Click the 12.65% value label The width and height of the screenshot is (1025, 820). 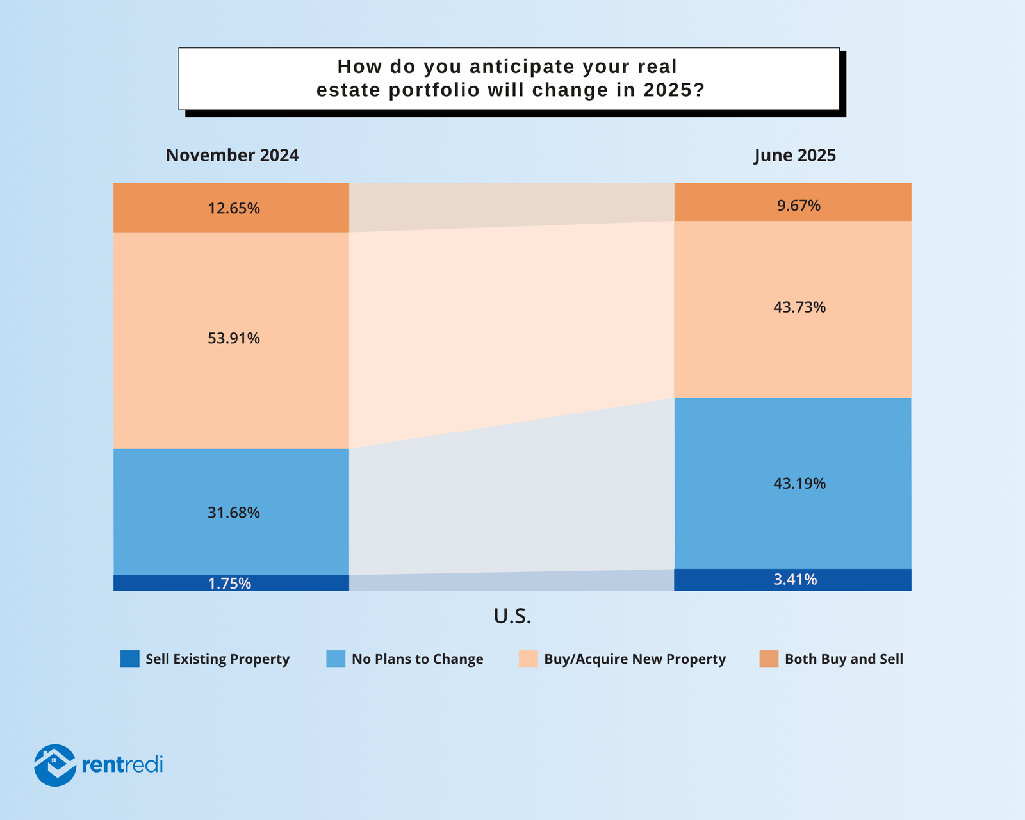(233, 209)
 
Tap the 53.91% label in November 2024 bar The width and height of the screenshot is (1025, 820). (233, 338)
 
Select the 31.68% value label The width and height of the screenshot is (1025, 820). (233, 512)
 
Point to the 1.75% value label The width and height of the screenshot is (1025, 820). (229, 584)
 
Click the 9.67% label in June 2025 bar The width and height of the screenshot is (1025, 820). (799, 206)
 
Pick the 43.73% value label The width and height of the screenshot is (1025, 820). (799, 307)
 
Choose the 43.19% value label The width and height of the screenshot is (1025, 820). (799, 484)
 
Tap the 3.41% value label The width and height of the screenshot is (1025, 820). (795, 580)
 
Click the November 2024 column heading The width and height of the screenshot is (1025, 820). (232, 156)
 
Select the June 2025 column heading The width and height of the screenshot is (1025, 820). (794, 156)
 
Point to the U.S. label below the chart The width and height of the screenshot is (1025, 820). (512, 616)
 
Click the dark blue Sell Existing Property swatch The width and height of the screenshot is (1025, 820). (129, 659)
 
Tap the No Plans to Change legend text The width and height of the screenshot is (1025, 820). (417, 659)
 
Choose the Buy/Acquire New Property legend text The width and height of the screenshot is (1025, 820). (634, 659)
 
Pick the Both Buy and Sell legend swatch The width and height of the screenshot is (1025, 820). (769, 659)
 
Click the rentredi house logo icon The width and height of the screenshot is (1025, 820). (55, 765)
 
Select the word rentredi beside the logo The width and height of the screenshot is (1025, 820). (122, 765)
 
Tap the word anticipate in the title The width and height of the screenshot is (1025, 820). (522, 67)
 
